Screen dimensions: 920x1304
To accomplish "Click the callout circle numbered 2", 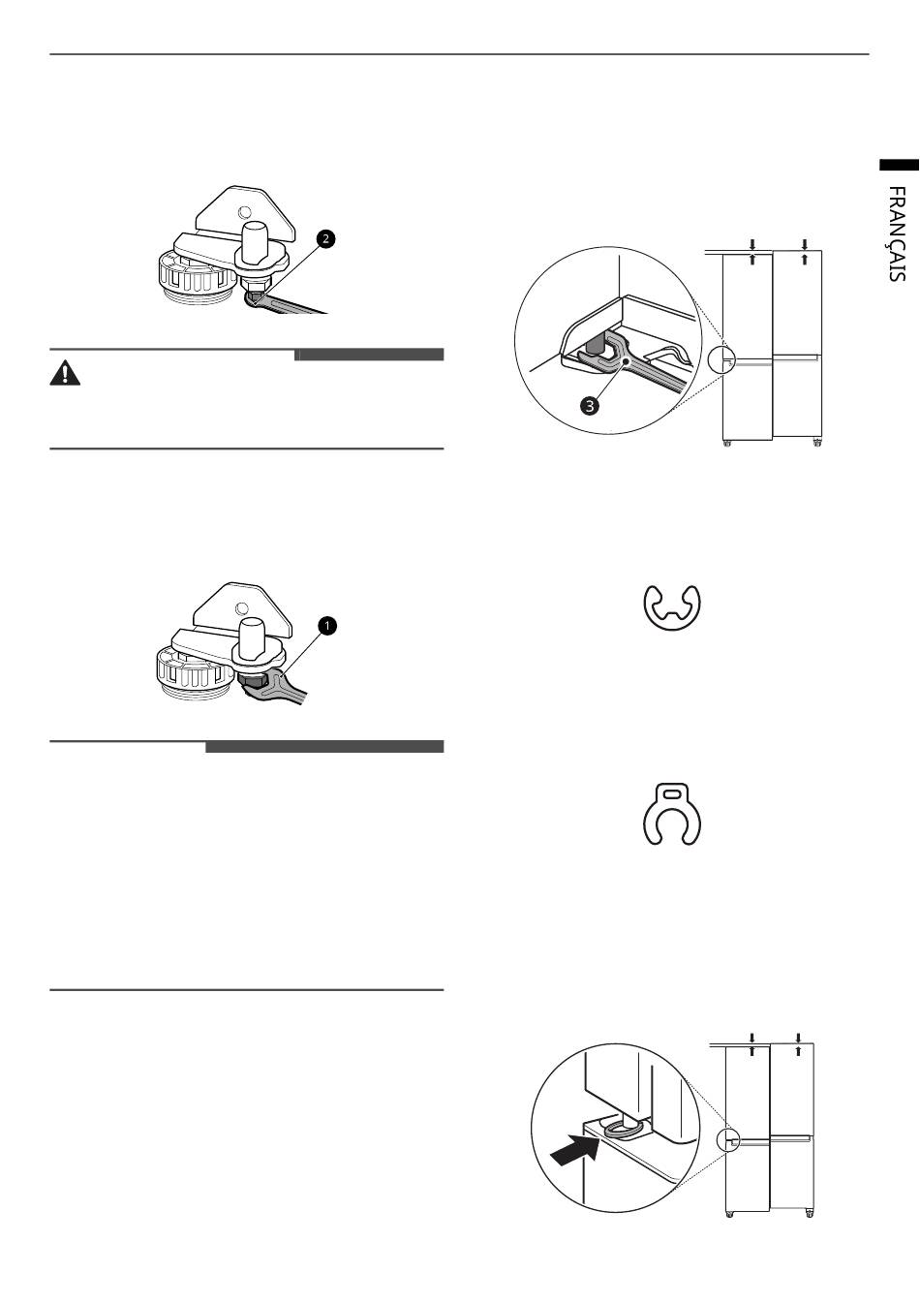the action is click(325, 238).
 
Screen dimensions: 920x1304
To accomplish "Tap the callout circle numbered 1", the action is click(327, 626).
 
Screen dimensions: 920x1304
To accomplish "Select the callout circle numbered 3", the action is click(590, 406).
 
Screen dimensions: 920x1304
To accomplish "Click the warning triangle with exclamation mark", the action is click(65, 373).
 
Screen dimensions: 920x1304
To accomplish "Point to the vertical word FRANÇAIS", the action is click(897, 234).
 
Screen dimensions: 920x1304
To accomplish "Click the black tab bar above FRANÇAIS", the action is click(899, 165).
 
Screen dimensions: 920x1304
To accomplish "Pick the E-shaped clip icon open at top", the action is click(672, 606).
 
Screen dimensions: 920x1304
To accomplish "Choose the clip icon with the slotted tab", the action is click(672, 815).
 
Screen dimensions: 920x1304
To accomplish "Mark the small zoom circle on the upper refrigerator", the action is click(721, 358).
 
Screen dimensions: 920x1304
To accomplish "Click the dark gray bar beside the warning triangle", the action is click(369, 355).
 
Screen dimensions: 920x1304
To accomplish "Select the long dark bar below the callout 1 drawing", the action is click(324, 747).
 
